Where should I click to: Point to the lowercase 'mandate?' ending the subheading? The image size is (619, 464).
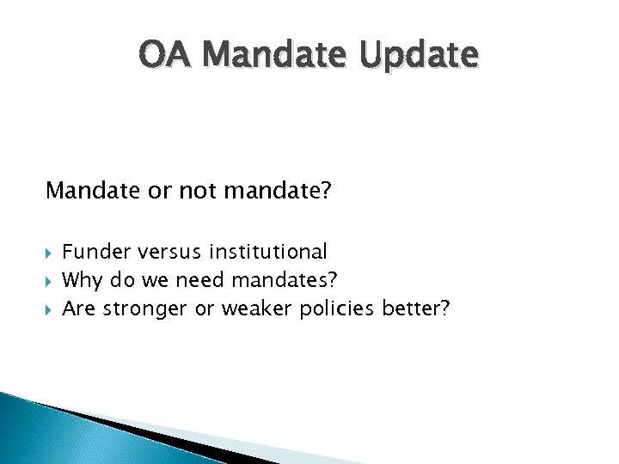277,190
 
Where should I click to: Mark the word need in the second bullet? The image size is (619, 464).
176,280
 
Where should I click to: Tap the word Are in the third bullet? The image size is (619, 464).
80,308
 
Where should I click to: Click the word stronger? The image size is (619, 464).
145,308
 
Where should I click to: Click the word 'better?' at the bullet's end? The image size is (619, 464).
417,308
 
